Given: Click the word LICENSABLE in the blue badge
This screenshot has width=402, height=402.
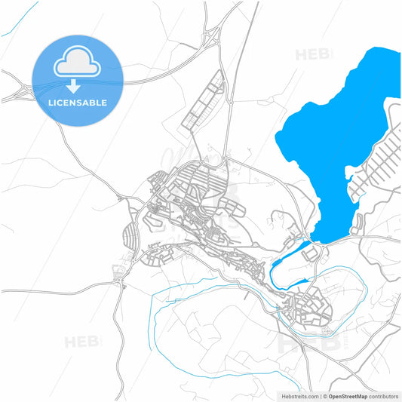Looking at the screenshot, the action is [x=77, y=103].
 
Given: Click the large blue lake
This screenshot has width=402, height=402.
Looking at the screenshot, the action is [x=332, y=143].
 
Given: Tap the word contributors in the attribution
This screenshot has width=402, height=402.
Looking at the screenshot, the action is [x=385, y=396].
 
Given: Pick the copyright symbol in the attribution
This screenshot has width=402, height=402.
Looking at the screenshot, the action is [x=325, y=396].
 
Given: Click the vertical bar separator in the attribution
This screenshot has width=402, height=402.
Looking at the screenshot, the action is [x=321, y=396].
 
